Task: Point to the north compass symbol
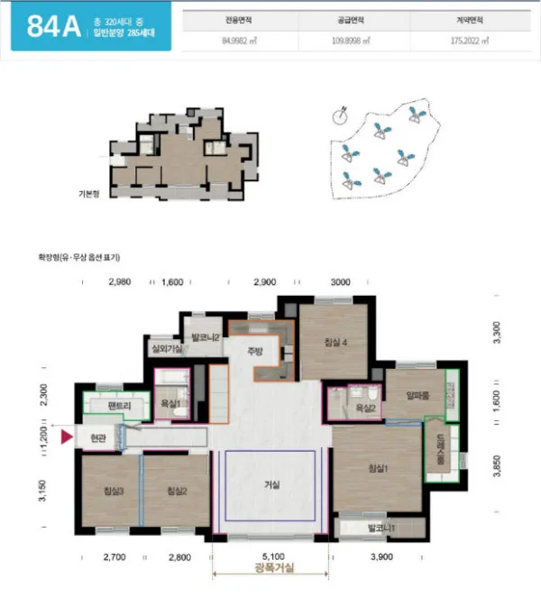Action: [340, 113]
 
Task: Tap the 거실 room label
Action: [271, 484]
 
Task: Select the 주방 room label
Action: [257, 353]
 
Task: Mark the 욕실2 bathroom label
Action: [365, 409]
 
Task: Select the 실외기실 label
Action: [166, 349]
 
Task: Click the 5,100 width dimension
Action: [272, 557]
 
